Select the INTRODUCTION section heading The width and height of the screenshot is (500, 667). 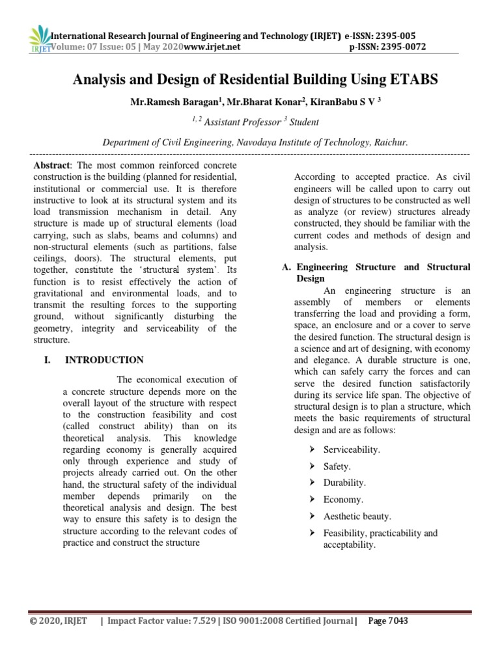(104, 360)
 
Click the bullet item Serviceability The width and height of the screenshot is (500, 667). (352, 449)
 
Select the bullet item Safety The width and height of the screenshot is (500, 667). (337, 466)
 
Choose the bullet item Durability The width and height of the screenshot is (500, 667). (344, 483)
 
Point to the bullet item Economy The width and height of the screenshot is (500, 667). (343, 500)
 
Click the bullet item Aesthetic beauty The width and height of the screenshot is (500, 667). (357, 517)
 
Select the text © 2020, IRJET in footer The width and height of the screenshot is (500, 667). (58, 621)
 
